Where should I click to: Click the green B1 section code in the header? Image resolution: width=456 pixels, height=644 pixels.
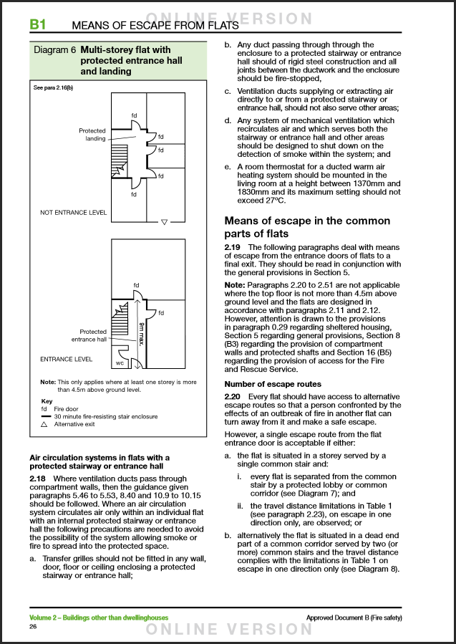click(x=38, y=25)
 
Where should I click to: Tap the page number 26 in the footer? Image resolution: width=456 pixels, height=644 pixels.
click(x=33, y=627)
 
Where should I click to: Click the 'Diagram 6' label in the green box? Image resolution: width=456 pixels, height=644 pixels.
click(x=55, y=51)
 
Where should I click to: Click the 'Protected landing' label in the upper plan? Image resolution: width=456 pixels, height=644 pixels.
click(x=92, y=135)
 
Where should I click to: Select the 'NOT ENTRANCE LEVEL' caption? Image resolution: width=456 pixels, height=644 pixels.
click(x=74, y=213)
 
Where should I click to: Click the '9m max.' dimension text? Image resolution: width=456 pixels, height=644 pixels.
click(x=141, y=334)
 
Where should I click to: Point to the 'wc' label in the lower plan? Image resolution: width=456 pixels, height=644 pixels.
click(x=120, y=362)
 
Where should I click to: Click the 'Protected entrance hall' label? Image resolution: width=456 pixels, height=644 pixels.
click(x=89, y=336)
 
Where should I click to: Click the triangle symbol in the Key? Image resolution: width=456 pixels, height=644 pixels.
click(x=44, y=424)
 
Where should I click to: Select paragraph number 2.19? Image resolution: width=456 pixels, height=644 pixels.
click(x=234, y=247)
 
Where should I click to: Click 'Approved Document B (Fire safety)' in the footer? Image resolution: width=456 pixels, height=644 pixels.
click(x=354, y=617)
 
